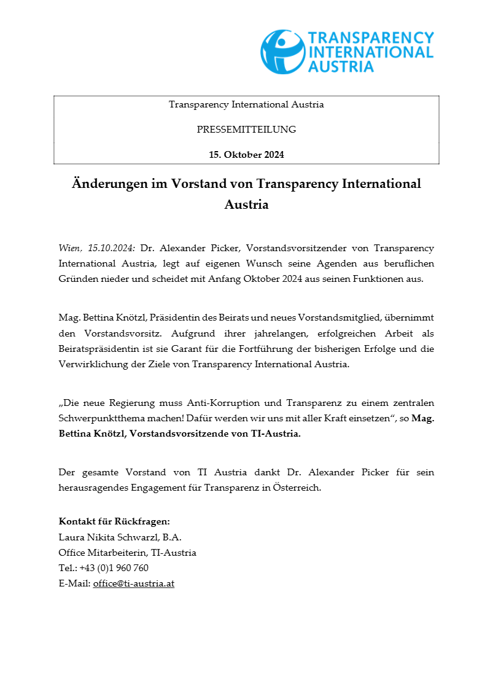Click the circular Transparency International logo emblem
coord(283,52)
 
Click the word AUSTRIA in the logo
coord(341,66)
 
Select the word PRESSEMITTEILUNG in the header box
coord(246,130)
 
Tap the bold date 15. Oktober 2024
coord(246,155)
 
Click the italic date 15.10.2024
coord(112,248)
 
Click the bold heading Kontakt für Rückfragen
coord(114,521)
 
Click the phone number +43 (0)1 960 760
coord(114,568)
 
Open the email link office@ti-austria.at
coord(134,584)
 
